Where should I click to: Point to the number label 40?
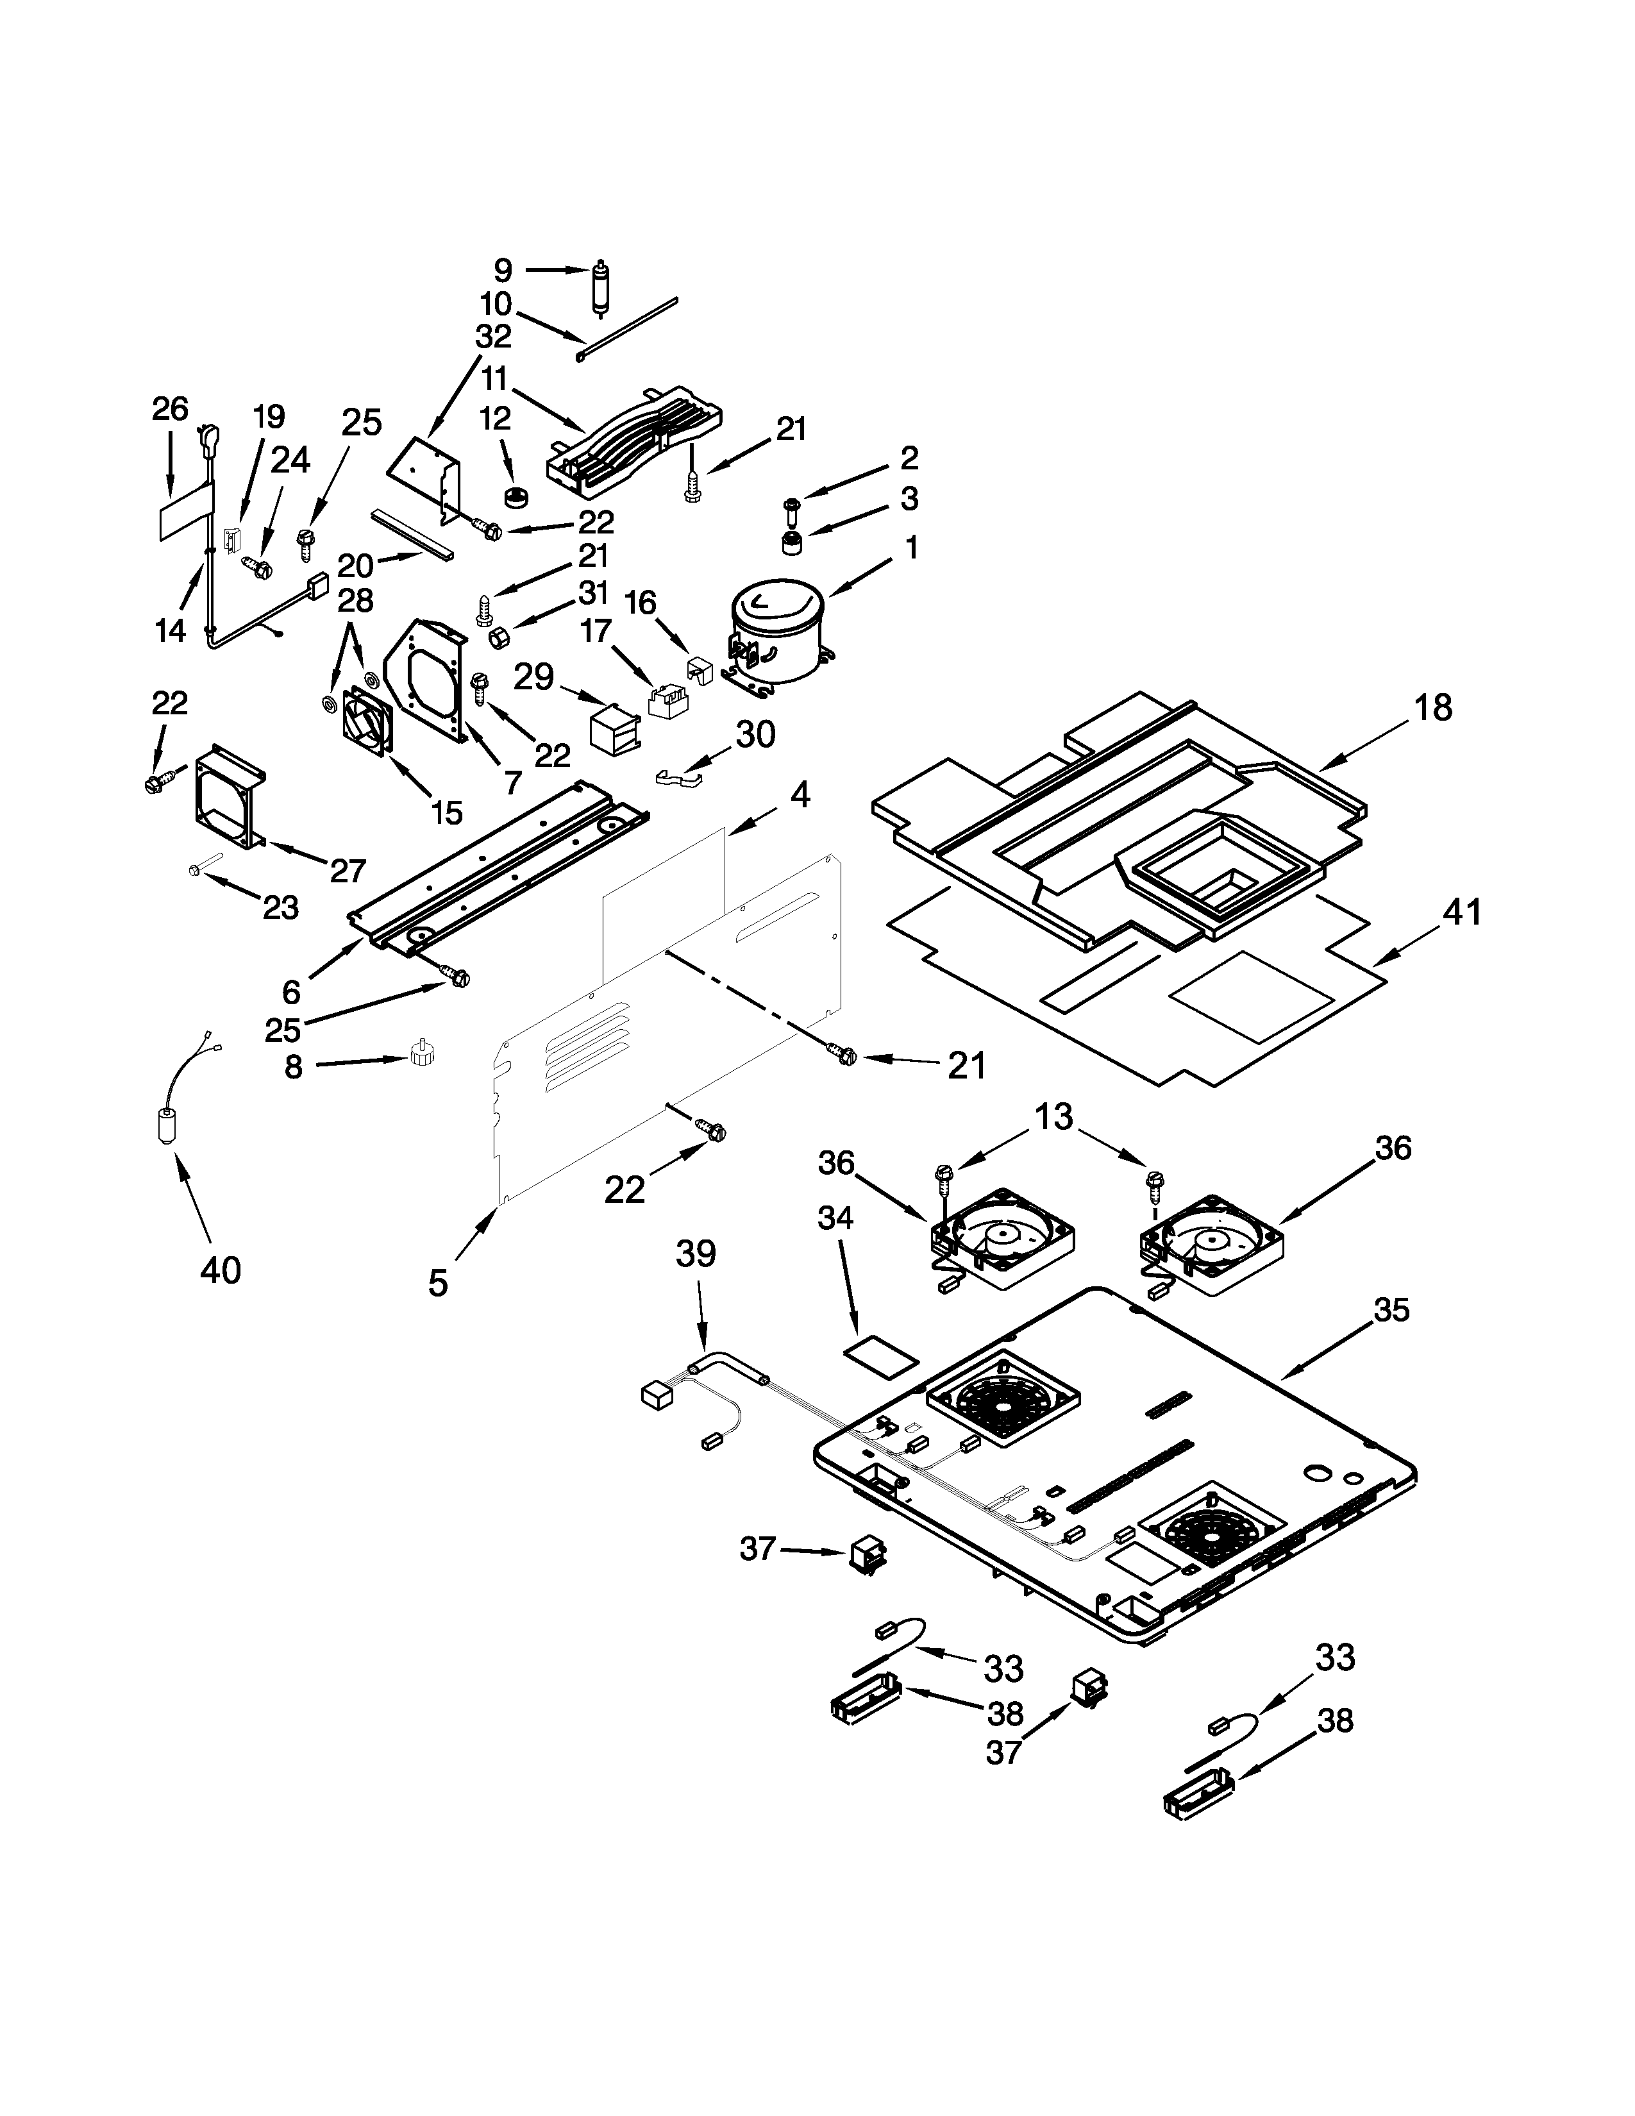pyautogui.click(x=220, y=1268)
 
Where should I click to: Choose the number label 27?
pyautogui.click(x=347, y=870)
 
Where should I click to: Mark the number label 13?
pyautogui.click(x=1054, y=1117)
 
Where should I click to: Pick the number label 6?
pyautogui.click(x=292, y=991)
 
